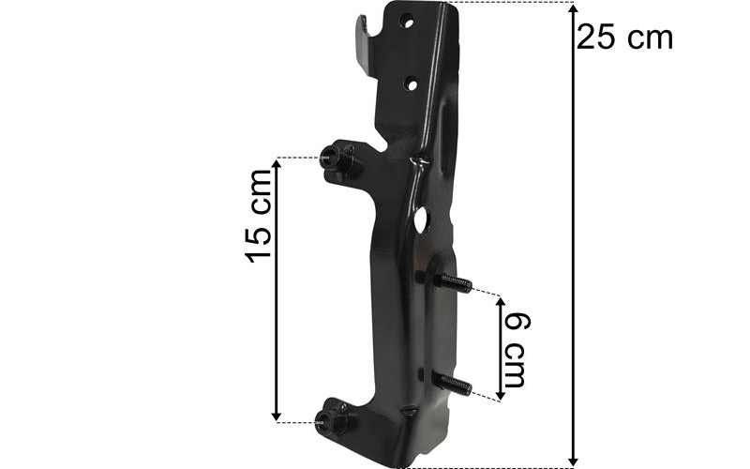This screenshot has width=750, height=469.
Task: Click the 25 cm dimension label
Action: [x=624, y=38]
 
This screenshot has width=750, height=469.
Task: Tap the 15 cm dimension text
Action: [x=259, y=216]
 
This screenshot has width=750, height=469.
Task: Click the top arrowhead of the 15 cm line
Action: [x=276, y=165]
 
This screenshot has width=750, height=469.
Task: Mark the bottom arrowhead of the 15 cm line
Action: [x=276, y=416]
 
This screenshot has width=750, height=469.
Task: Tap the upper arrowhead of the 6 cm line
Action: [x=501, y=302]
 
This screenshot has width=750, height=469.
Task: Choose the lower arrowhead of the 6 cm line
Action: [x=501, y=394]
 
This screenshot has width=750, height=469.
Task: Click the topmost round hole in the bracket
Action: [x=407, y=22]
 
